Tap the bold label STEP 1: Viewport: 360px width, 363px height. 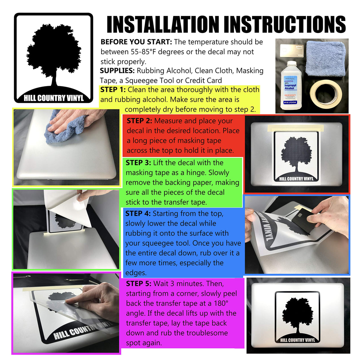click(x=113, y=90)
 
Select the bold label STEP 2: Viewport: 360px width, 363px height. click(x=139, y=121)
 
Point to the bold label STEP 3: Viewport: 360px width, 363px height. click(x=138, y=163)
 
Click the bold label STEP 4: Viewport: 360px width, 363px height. click(x=138, y=213)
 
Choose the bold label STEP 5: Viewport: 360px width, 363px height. click(x=139, y=283)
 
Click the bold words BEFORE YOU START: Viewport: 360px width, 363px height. click(x=136, y=42)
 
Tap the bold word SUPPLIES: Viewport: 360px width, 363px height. click(x=117, y=70)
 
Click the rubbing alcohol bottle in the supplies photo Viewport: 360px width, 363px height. click(x=291, y=85)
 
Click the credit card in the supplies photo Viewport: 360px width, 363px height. click(x=291, y=51)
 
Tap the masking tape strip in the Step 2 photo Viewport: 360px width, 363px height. click(x=295, y=128)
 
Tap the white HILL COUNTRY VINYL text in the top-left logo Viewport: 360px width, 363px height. click(x=54, y=98)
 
